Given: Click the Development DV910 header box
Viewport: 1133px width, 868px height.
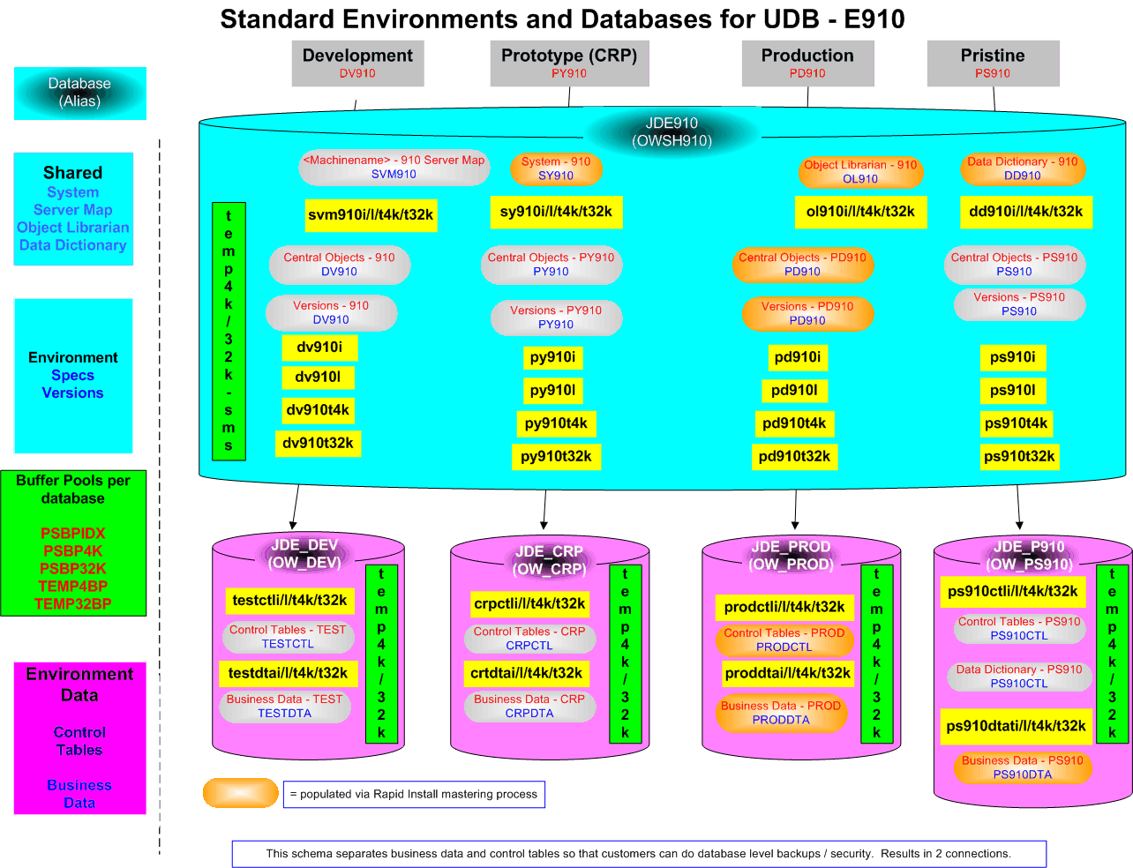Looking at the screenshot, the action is [357, 63].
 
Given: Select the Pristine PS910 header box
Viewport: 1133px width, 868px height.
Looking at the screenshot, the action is [993, 63].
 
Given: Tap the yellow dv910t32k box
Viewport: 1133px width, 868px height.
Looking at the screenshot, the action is [318, 444].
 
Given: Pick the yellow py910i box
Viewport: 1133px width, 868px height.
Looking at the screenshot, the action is [552, 357].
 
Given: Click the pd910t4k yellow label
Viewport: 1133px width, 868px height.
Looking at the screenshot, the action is [794, 423].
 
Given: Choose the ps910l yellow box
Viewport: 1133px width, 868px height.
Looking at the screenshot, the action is [1013, 390].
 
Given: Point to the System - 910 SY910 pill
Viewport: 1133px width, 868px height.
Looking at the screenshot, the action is [556, 168].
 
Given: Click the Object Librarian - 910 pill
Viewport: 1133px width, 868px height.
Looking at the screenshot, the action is [860, 172].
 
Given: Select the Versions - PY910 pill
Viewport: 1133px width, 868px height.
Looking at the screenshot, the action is [556, 318].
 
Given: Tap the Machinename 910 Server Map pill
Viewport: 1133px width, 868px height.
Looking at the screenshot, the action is [394, 168].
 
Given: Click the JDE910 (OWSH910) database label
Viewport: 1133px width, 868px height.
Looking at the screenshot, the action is [672, 131].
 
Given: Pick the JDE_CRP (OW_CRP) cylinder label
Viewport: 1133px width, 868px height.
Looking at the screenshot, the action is [549, 560].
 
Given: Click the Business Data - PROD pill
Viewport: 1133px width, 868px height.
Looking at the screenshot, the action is [781, 713].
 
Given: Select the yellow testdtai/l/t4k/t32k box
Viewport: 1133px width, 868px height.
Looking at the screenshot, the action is [288, 673].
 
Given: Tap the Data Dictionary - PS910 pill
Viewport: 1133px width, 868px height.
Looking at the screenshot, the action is [1019, 677].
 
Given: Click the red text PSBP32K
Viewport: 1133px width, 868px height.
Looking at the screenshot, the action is [73, 568].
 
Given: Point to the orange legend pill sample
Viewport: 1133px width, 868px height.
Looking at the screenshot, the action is [240, 792].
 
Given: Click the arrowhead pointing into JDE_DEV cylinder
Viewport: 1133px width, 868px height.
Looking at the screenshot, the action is [293, 525].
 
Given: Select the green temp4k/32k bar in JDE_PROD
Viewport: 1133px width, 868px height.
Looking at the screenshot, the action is [876, 654].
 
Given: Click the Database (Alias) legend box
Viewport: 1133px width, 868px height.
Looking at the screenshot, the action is [79, 94].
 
